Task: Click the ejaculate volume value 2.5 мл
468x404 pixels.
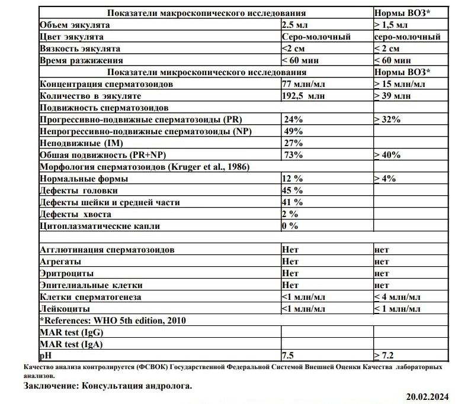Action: click(294, 24)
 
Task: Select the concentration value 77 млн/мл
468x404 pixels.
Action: click(303, 83)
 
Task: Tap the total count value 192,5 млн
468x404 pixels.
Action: click(304, 95)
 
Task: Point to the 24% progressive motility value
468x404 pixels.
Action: click(294, 119)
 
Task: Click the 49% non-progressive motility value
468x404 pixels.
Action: click(294, 131)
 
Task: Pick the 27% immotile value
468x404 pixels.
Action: click(294, 143)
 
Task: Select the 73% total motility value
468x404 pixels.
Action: click(294, 155)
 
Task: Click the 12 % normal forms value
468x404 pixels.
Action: click(293, 179)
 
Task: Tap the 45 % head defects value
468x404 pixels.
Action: click(293, 190)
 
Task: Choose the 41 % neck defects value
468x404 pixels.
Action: click(293, 202)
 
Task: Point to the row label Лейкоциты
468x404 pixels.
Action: click(65, 308)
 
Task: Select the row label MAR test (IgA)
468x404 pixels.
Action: click(69, 344)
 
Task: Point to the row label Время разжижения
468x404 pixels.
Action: click(81, 60)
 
